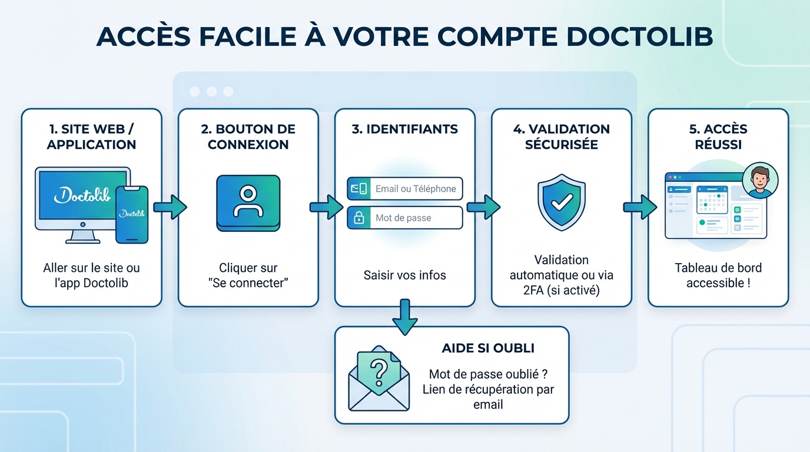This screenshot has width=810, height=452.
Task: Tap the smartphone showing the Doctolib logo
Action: (x=132, y=214)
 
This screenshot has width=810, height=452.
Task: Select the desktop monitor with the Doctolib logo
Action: (x=82, y=197)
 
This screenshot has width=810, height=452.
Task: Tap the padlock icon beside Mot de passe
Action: (x=358, y=218)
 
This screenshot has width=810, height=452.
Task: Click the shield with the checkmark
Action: (x=561, y=202)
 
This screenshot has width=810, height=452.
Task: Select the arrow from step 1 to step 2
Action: (x=170, y=207)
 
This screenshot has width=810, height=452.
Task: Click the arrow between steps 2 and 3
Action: (x=327, y=207)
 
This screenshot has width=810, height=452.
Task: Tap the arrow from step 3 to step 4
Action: (x=483, y=207)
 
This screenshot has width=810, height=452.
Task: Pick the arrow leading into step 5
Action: (x=640, y=207)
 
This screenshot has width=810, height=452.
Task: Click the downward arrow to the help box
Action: (x=405, y=317)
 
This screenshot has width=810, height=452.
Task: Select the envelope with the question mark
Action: (x=379, y=377)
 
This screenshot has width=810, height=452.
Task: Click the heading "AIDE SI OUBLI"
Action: (x=488, y=348)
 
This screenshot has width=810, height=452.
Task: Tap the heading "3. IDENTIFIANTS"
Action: (x=405, y=129)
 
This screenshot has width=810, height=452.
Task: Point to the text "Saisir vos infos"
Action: (x=405, y=275)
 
